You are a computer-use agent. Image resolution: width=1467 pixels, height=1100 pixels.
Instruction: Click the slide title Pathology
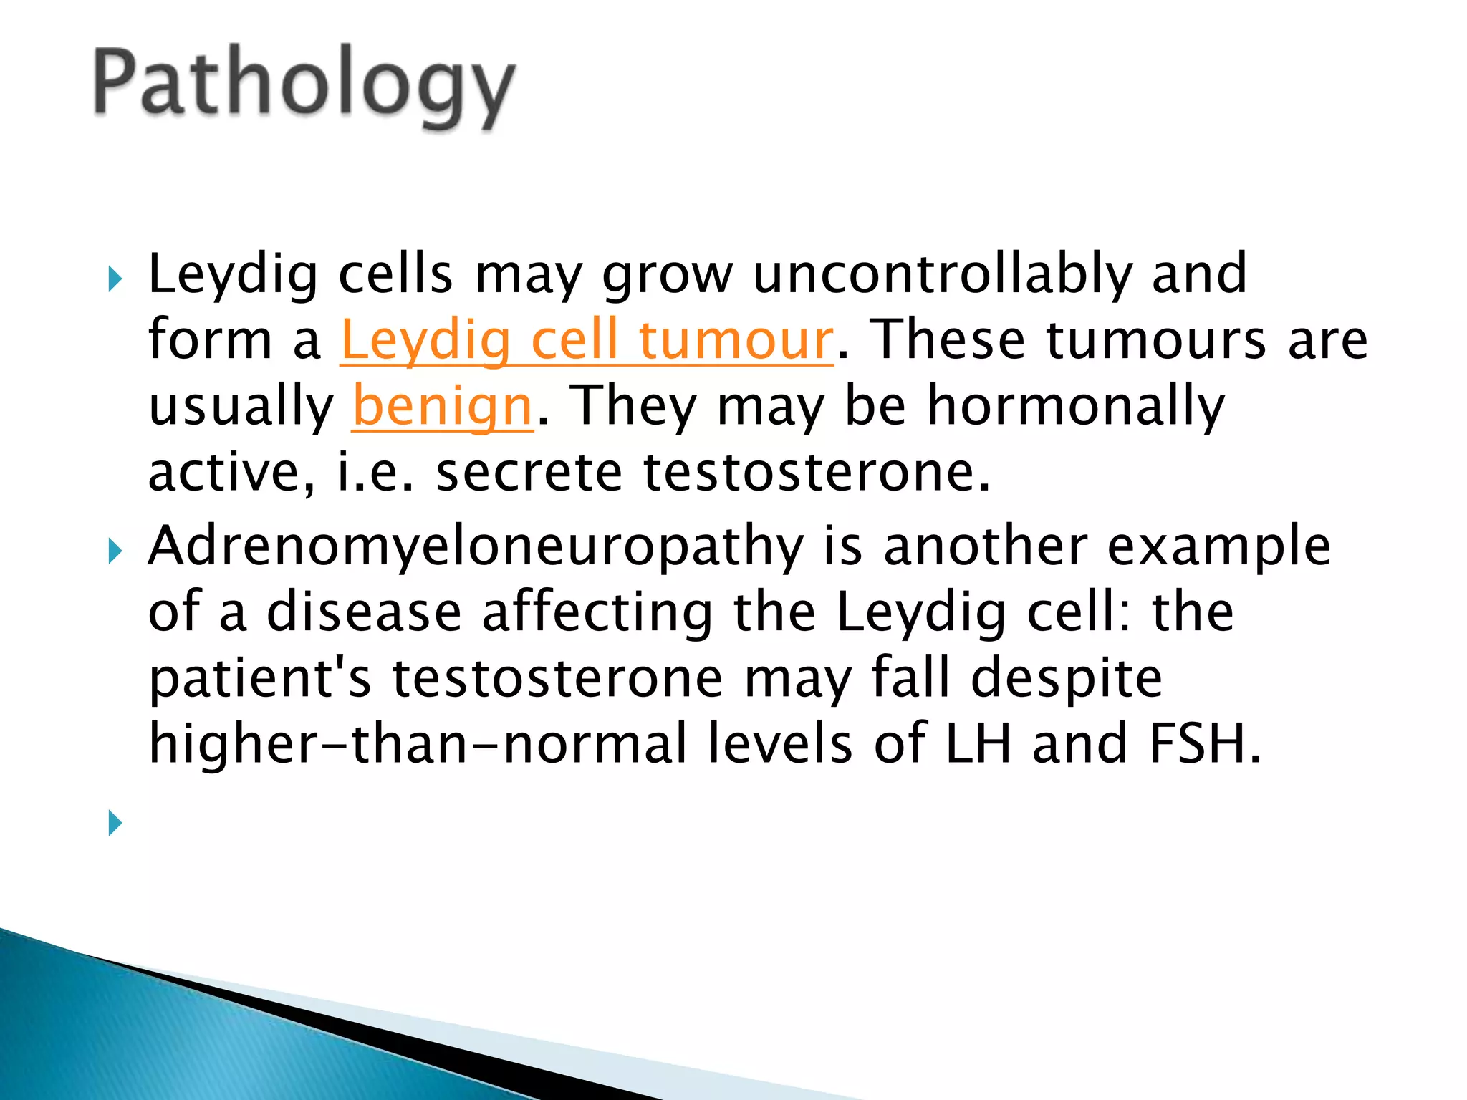coord(304,86)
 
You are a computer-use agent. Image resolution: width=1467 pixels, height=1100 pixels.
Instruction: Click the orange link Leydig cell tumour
coord(587,340)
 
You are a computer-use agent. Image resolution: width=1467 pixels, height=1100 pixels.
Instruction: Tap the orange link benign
coord(443,406)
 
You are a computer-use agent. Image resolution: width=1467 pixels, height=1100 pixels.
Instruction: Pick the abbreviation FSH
coord(1204,745)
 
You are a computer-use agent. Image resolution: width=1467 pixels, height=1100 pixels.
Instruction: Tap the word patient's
coord(260,679)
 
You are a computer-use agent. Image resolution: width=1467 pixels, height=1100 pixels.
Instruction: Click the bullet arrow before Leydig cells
coord(115,279)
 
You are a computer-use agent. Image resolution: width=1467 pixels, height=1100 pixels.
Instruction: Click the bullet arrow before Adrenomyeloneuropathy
coord(115,551)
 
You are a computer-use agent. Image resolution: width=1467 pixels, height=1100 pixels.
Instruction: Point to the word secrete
coord(529,473)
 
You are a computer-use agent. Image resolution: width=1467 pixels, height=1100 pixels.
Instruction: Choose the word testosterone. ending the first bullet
coord(817,473)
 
